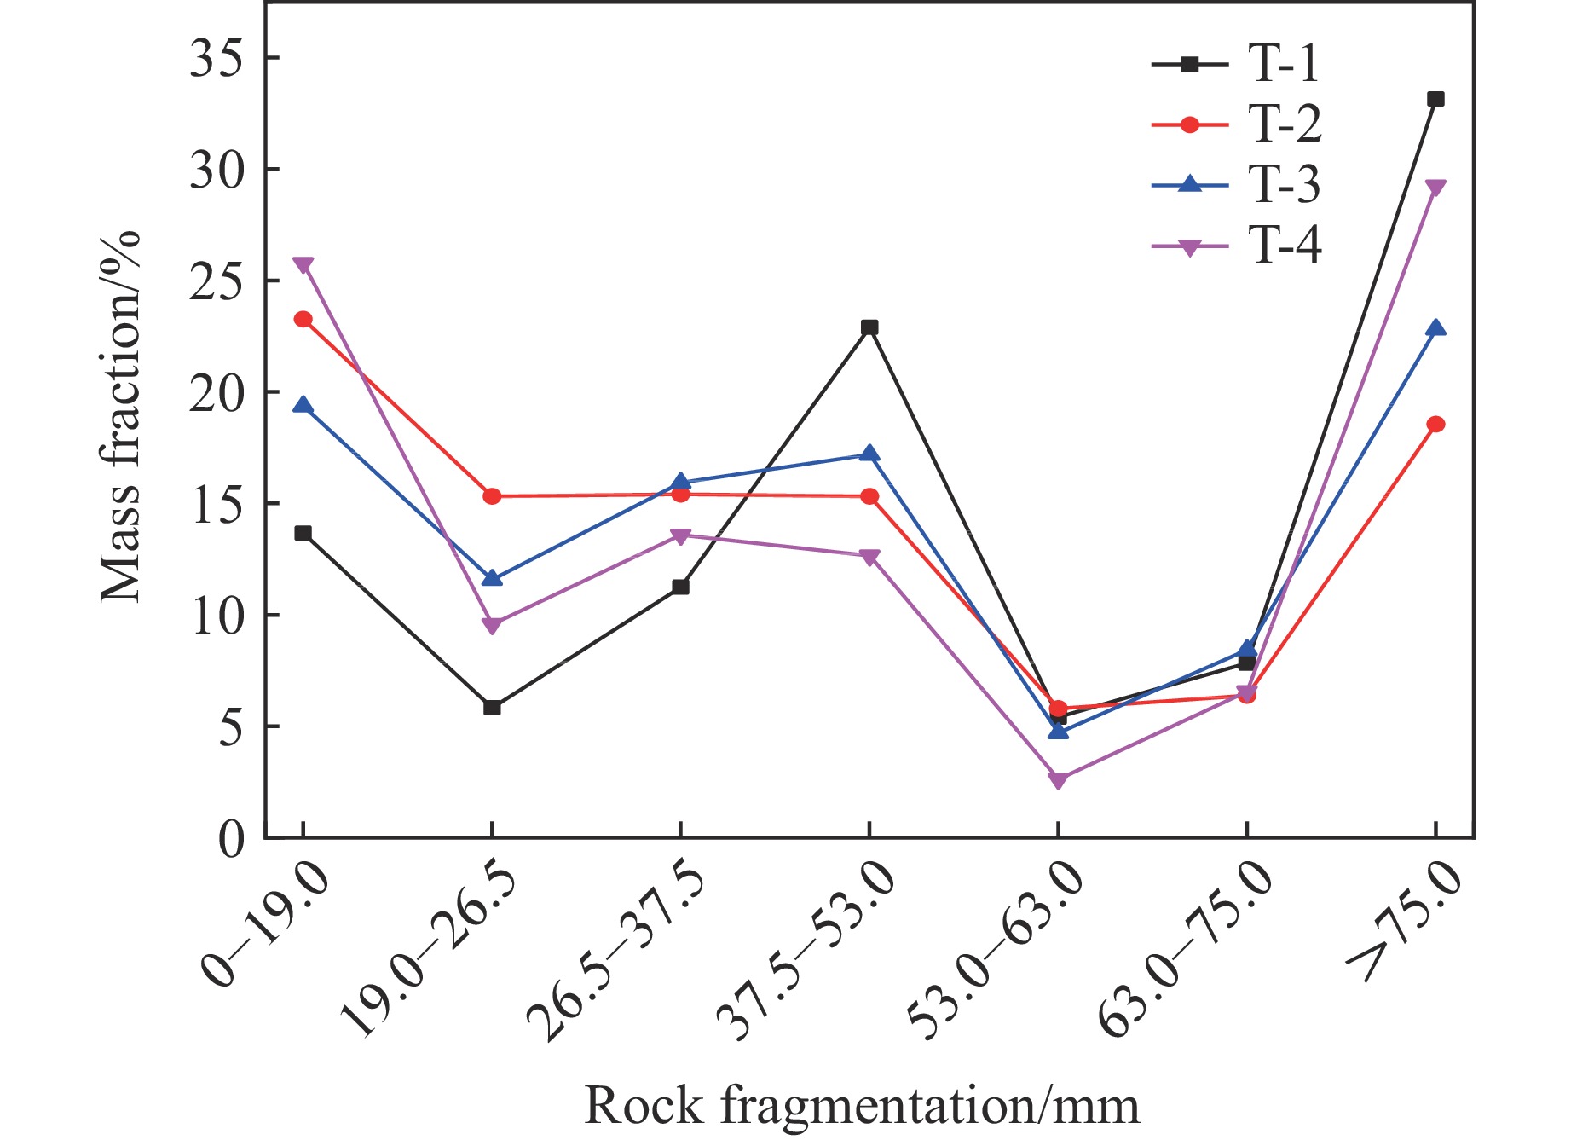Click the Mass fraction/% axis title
tap(120, 417)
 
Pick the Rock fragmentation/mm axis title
tap(862, 1106)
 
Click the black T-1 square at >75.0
tap(1435, 99)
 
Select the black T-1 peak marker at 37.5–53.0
tap(869, 327)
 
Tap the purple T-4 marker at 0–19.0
tap(303, 264)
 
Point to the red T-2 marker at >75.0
tap(1435, 424)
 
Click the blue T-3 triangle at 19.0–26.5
tap(492, 579)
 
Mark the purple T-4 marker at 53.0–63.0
tap(1058, 780)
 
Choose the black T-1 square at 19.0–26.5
tap(492, 708)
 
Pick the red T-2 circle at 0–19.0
tap(303, 319)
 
